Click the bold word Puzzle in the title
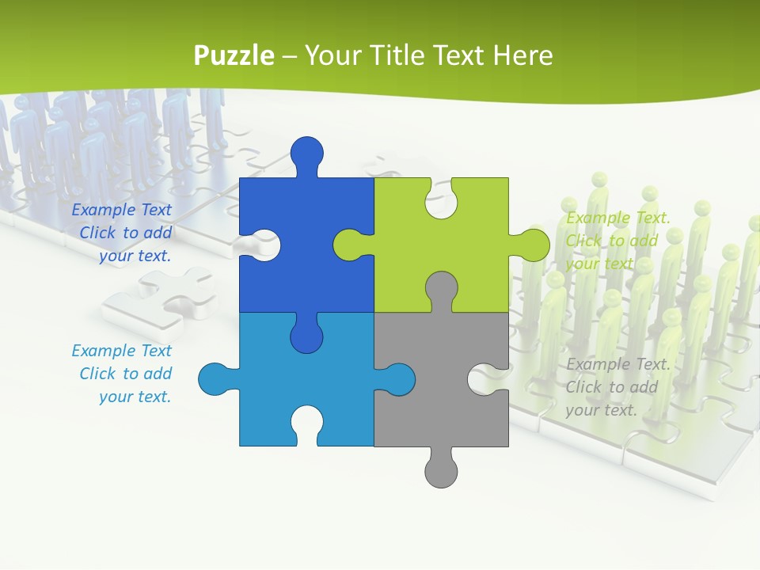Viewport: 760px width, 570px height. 234,55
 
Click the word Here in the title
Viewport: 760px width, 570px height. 522,55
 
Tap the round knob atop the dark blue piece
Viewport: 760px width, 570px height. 307,151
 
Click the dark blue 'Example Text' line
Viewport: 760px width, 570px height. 121,210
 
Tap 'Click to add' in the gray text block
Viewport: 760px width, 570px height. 611,387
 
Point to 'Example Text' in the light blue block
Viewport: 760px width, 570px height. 121,351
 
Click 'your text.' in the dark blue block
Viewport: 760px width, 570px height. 135,256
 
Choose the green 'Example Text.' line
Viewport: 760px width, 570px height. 618,218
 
